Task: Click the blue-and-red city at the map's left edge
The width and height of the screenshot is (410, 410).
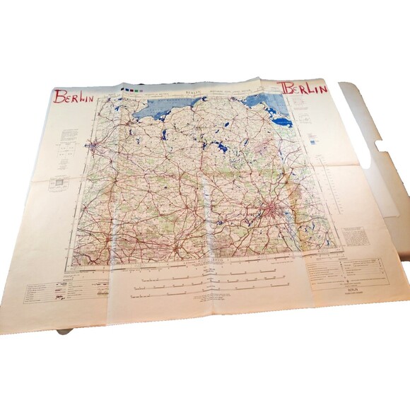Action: click(92, 146)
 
